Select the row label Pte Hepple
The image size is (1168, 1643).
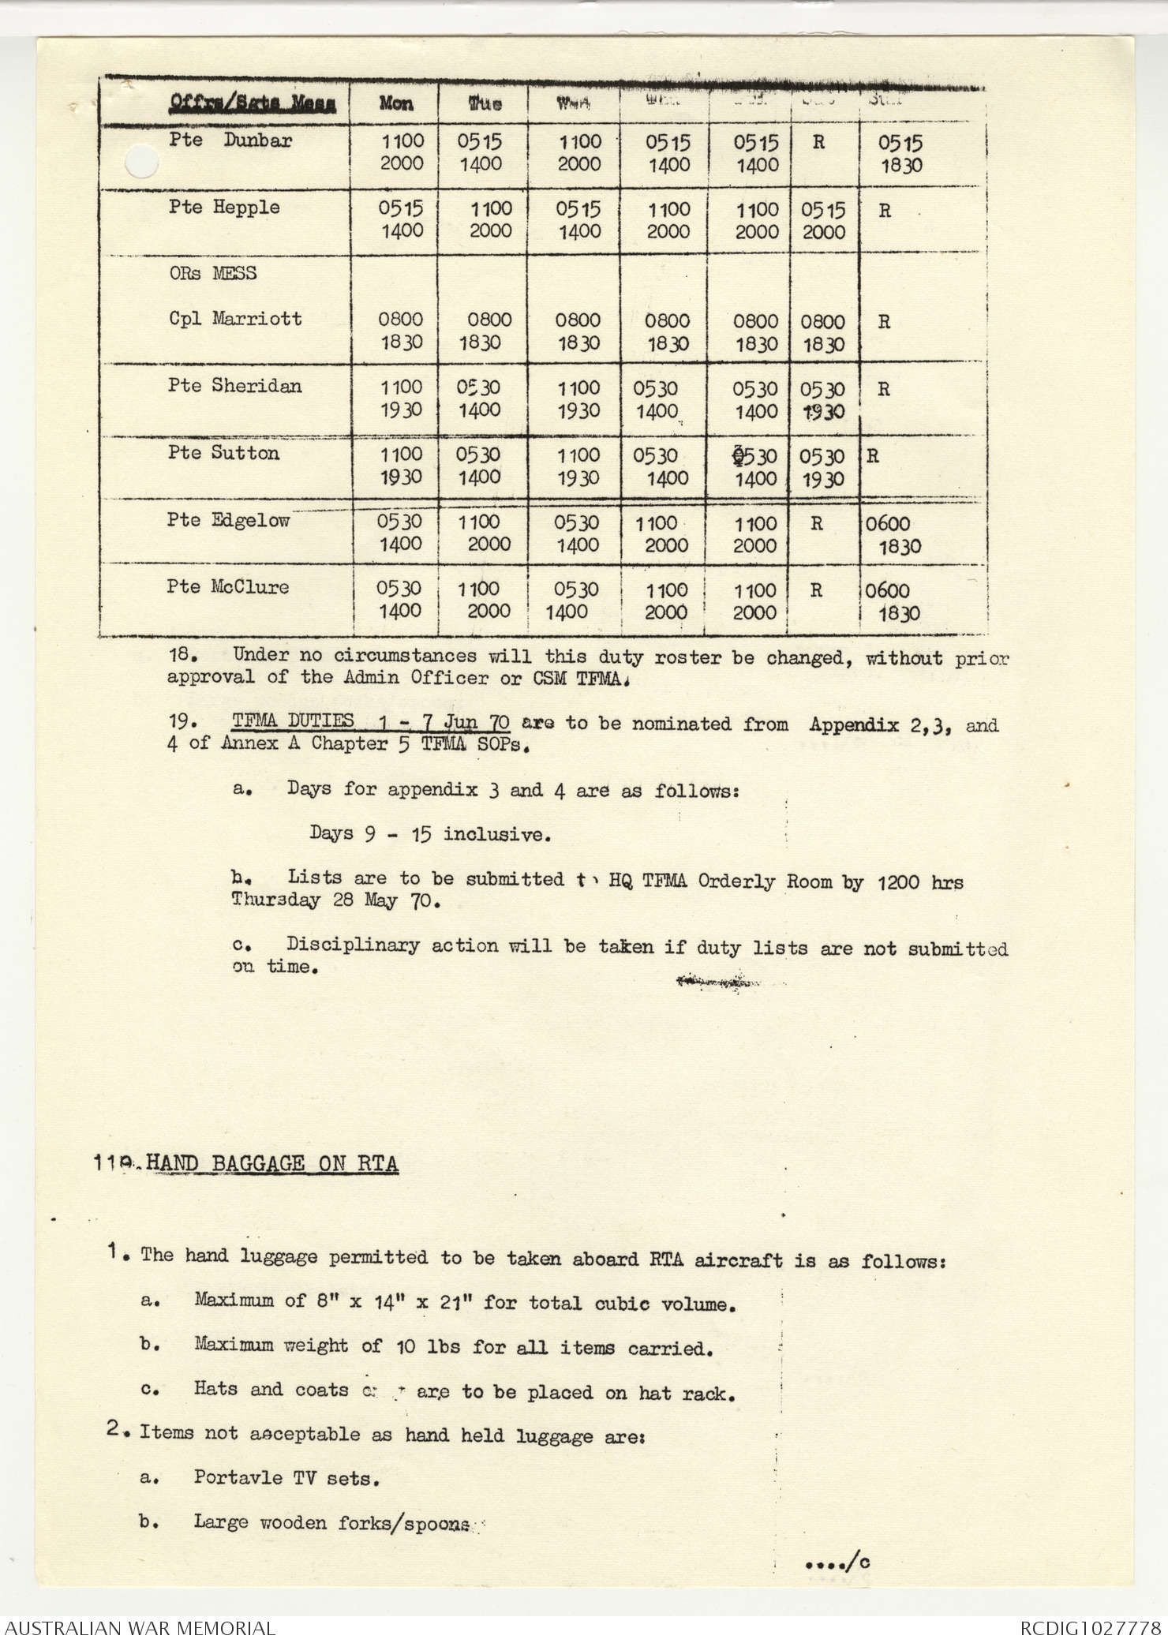224,208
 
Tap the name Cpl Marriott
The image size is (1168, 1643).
235,319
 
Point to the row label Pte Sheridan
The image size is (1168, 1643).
234,386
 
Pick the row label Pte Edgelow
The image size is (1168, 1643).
228,520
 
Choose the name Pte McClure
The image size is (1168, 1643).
228,587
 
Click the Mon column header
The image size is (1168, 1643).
395,103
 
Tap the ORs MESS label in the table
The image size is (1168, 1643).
212,273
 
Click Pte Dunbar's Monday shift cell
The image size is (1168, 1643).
402,152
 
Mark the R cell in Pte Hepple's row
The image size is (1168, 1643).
885,211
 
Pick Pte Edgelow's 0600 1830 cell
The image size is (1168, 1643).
893,534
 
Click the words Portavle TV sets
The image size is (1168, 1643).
286,1477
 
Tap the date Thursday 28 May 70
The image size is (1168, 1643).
335,900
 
